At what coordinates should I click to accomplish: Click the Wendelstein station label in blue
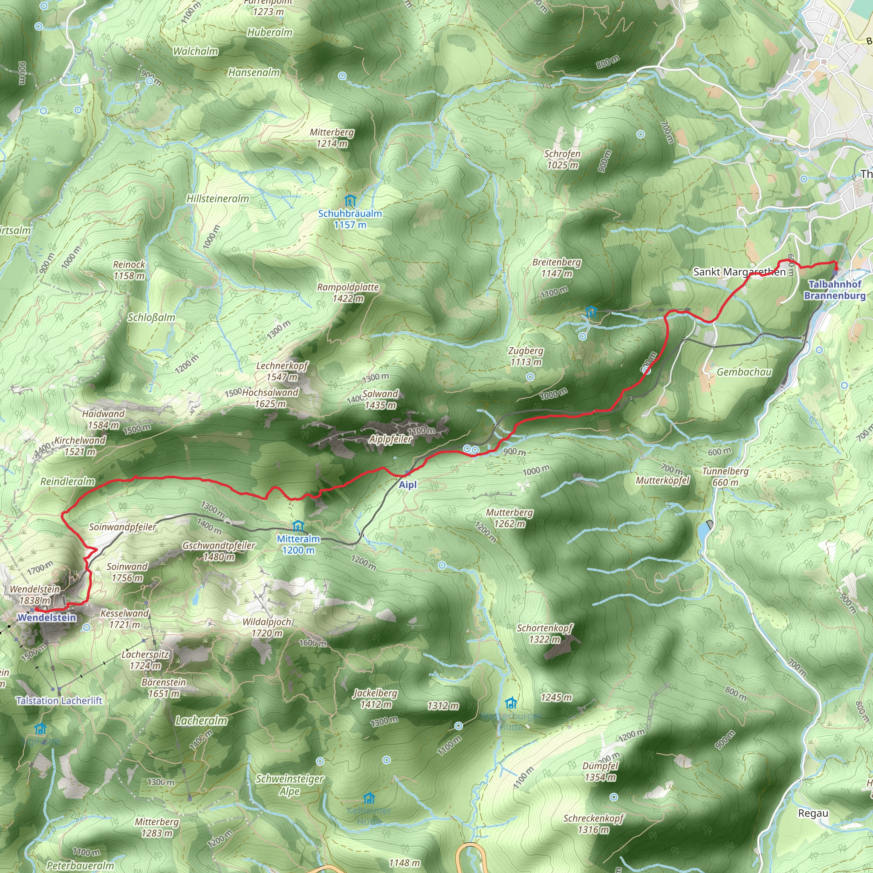tap(46, 618)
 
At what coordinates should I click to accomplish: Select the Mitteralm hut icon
tap(298, 526)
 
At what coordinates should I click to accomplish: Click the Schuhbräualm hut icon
tap(349, 201)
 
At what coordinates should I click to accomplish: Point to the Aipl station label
tap(408, 485)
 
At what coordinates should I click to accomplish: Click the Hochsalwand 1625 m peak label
tap(270, 398)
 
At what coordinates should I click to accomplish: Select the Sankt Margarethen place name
tap(739, 272)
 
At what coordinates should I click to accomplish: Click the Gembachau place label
tap(744, 372)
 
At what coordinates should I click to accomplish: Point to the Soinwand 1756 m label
tap(127, 572)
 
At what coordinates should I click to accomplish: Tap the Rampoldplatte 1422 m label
tap(347, 293)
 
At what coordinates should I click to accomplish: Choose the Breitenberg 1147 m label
tap(556, 268)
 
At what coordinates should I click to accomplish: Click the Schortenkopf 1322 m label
tap(544, 633)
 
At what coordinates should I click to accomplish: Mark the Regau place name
tap(813, 813)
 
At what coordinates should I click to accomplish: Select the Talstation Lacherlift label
tap(59, 701)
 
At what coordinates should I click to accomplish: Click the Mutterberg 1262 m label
tap(509, 518)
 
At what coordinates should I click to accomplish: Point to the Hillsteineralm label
tap(217, 198)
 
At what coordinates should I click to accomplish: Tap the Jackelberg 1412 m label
tap(375, 699)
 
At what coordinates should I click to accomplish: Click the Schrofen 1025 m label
tap(562, 159)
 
